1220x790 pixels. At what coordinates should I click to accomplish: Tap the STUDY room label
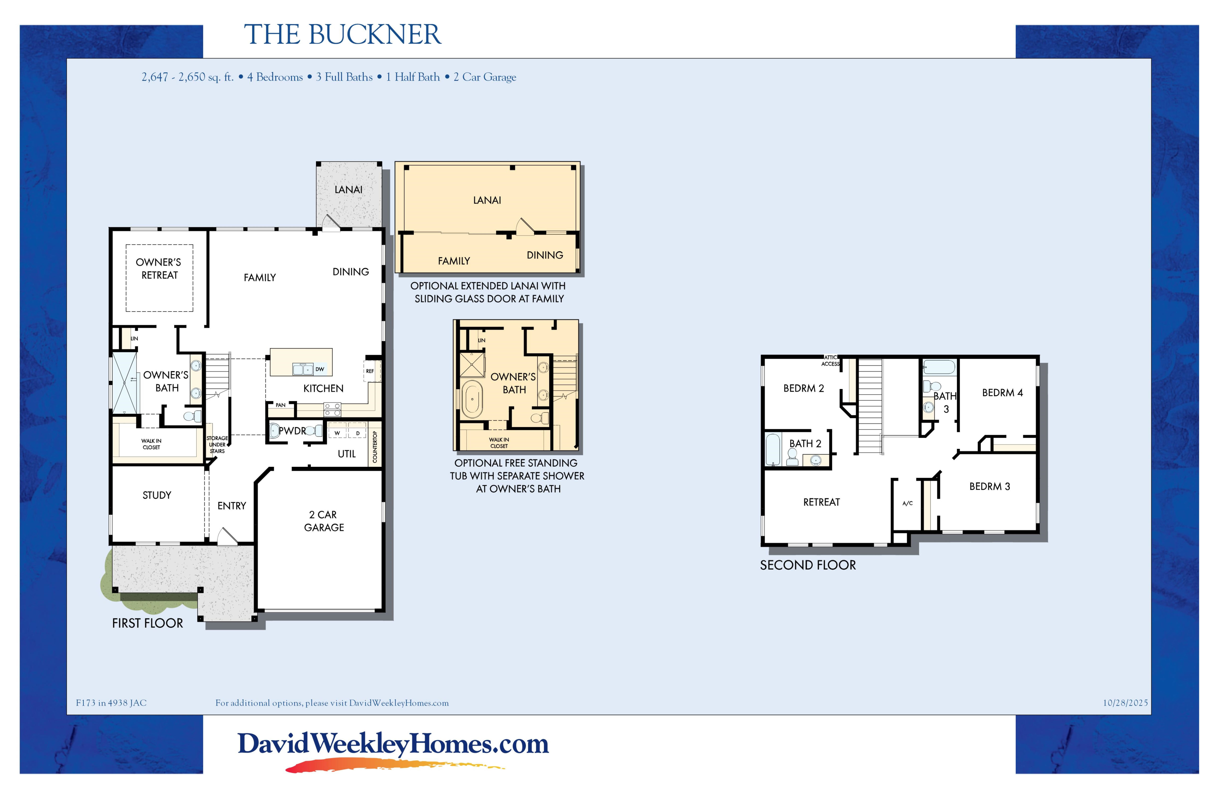coord(157,495)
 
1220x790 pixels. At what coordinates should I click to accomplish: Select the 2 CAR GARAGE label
coord(324,521)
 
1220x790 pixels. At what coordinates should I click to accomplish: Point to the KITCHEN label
coord(323,388)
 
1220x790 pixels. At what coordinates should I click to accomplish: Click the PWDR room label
coord(292,431)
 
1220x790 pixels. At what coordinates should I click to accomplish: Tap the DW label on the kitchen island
coord(319,369)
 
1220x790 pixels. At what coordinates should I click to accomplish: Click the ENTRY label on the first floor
coord(232,506)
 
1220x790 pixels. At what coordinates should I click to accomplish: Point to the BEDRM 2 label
coord(803,388)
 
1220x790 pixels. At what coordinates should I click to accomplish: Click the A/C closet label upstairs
coord(907,503)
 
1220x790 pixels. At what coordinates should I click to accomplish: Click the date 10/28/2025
coord(1125,703)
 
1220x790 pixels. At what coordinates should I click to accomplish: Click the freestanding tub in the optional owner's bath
coord(471,399)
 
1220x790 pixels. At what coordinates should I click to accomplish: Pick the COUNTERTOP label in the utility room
coord(375,446)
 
